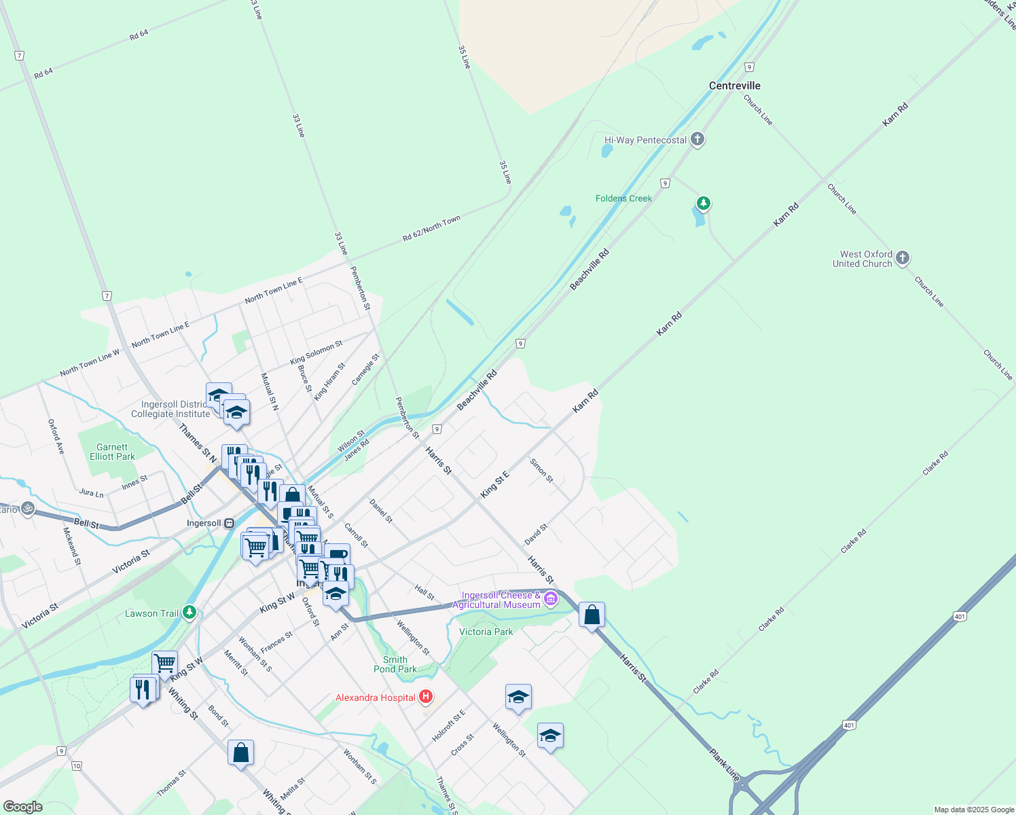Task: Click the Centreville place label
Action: [734, 86]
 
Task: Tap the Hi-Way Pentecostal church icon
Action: [697, 140]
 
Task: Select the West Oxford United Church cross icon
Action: [902, 258]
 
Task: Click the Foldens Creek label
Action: [623, 198]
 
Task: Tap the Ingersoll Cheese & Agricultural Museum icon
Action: [551, 599]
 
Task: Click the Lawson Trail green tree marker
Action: [189, 613]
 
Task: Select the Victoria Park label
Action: [486, 632]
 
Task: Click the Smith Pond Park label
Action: [395, 664]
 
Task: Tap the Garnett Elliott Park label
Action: [112, 452]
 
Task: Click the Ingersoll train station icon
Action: [230, 524]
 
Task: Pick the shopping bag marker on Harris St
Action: [592, 615]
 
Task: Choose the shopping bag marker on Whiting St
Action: [240, 753]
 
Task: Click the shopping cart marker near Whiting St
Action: [164, 663]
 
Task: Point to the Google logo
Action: [22, 807]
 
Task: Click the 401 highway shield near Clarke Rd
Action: [959, 617]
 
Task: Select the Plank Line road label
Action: [724, 765]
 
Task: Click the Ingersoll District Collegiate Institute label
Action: [170, 410]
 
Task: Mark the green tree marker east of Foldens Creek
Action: [704, 202]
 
